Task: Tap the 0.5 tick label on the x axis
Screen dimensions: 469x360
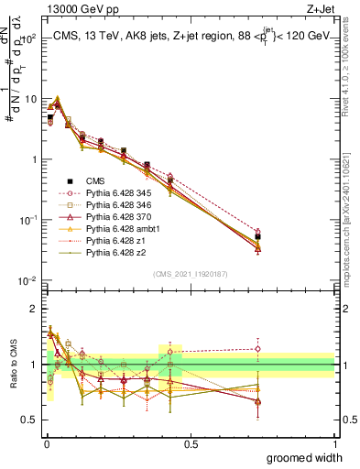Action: [191, 443]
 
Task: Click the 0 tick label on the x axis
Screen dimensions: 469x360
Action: [46, 443]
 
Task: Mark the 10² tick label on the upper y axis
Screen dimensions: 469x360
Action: [27, 38]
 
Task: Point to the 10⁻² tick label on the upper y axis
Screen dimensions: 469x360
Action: [27, 280]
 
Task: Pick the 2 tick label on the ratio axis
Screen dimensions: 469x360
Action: [32, 308]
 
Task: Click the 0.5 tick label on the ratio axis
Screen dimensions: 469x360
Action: [27, 422]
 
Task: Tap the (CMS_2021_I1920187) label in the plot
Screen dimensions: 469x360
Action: [190, 273]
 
